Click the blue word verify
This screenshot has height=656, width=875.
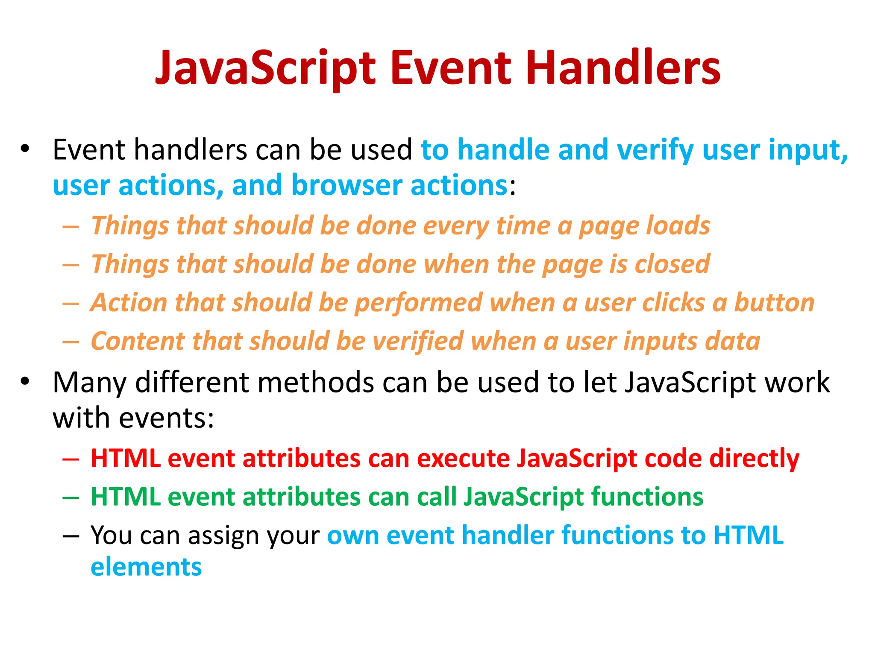click(655, 151)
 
